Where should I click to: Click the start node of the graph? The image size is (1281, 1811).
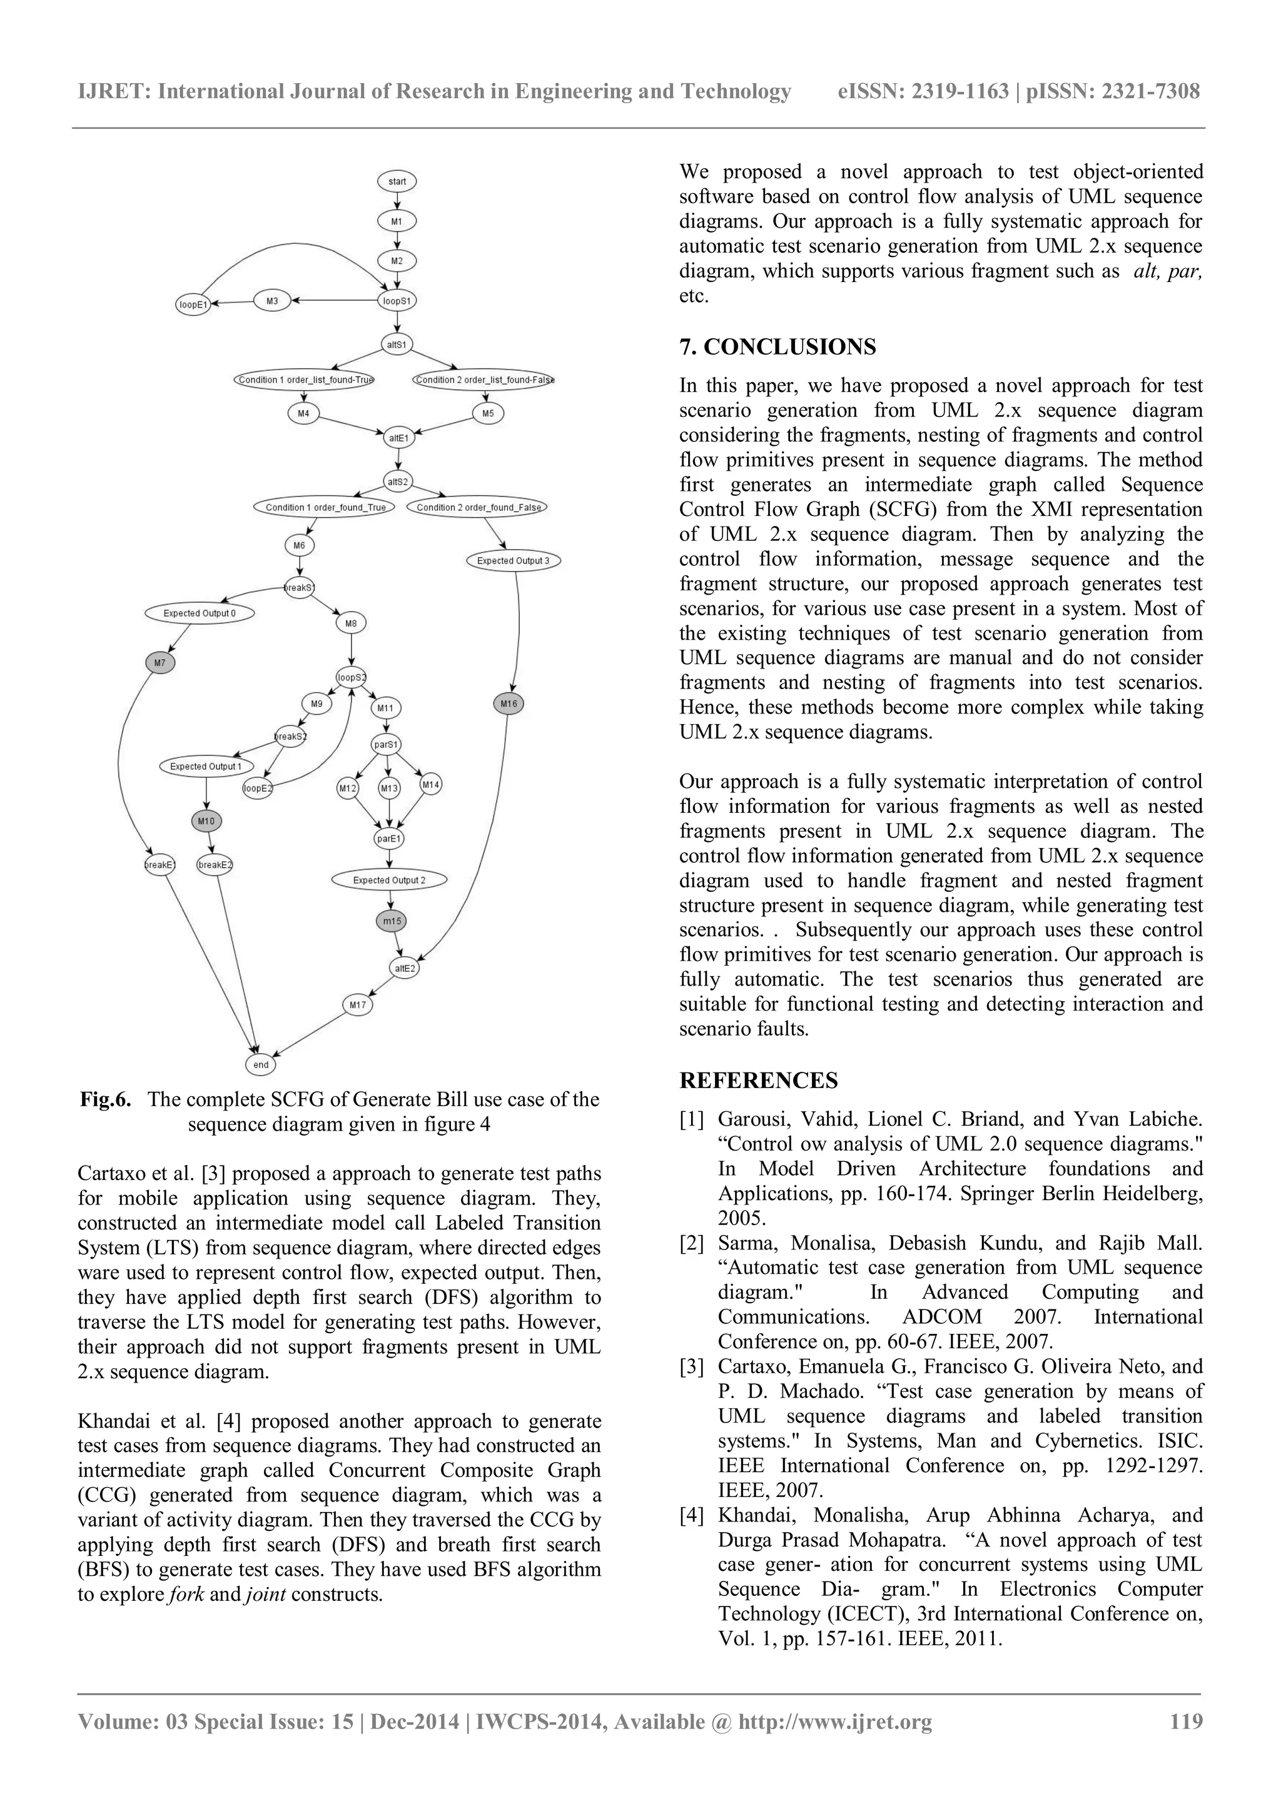397,181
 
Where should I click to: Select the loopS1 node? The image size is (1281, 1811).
397,301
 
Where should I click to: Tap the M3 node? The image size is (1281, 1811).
272,301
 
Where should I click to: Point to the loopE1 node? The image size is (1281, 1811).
193,304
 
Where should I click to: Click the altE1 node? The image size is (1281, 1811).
398,437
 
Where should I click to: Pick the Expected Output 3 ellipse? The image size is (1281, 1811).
513,561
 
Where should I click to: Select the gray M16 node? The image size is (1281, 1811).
509,703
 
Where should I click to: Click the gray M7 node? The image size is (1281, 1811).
160,663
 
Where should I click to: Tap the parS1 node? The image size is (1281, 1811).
387,744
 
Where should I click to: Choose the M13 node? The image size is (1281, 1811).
389,788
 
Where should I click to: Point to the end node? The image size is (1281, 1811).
261,1064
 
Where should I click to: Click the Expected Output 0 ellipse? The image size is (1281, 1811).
200,613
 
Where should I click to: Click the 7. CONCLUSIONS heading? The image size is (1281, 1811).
777,347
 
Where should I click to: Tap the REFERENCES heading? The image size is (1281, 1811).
758,1081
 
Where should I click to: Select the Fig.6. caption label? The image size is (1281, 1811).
105,1099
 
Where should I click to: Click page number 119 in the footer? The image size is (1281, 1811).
1185,1721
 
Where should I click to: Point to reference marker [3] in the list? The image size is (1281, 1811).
692,1367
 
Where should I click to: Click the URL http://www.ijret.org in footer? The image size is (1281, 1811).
834,1721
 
